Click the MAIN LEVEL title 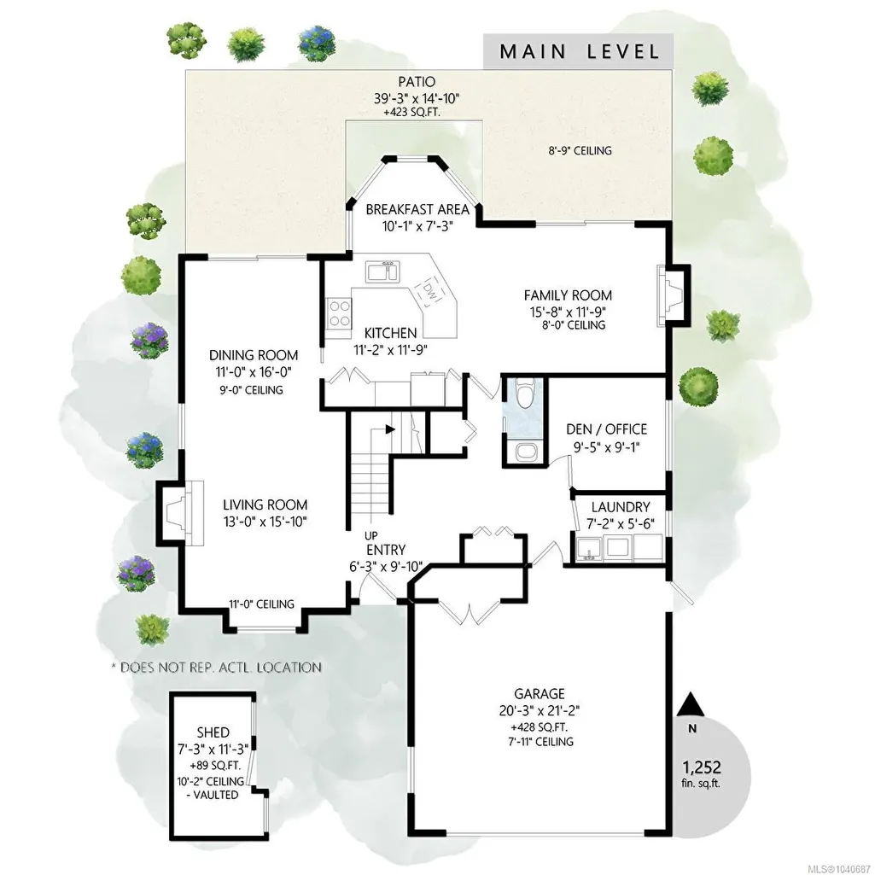(x=580, y=52)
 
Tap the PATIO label (x=417, y=82)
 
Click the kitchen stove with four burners (x=339, y=313)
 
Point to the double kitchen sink (x=382, y=271)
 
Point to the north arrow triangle (x=692, y=704)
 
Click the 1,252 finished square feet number (x=702, y=767)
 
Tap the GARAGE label (x=539, y=694)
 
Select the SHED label (x=213, y=732)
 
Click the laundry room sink (x=587, y=549)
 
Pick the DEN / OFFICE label (x=607, y=429)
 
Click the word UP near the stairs (x=370, y=536)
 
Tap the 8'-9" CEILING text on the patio (x=580, y=150)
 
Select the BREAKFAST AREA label (x=417, y=210)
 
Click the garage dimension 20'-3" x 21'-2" (x=539, y=711)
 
